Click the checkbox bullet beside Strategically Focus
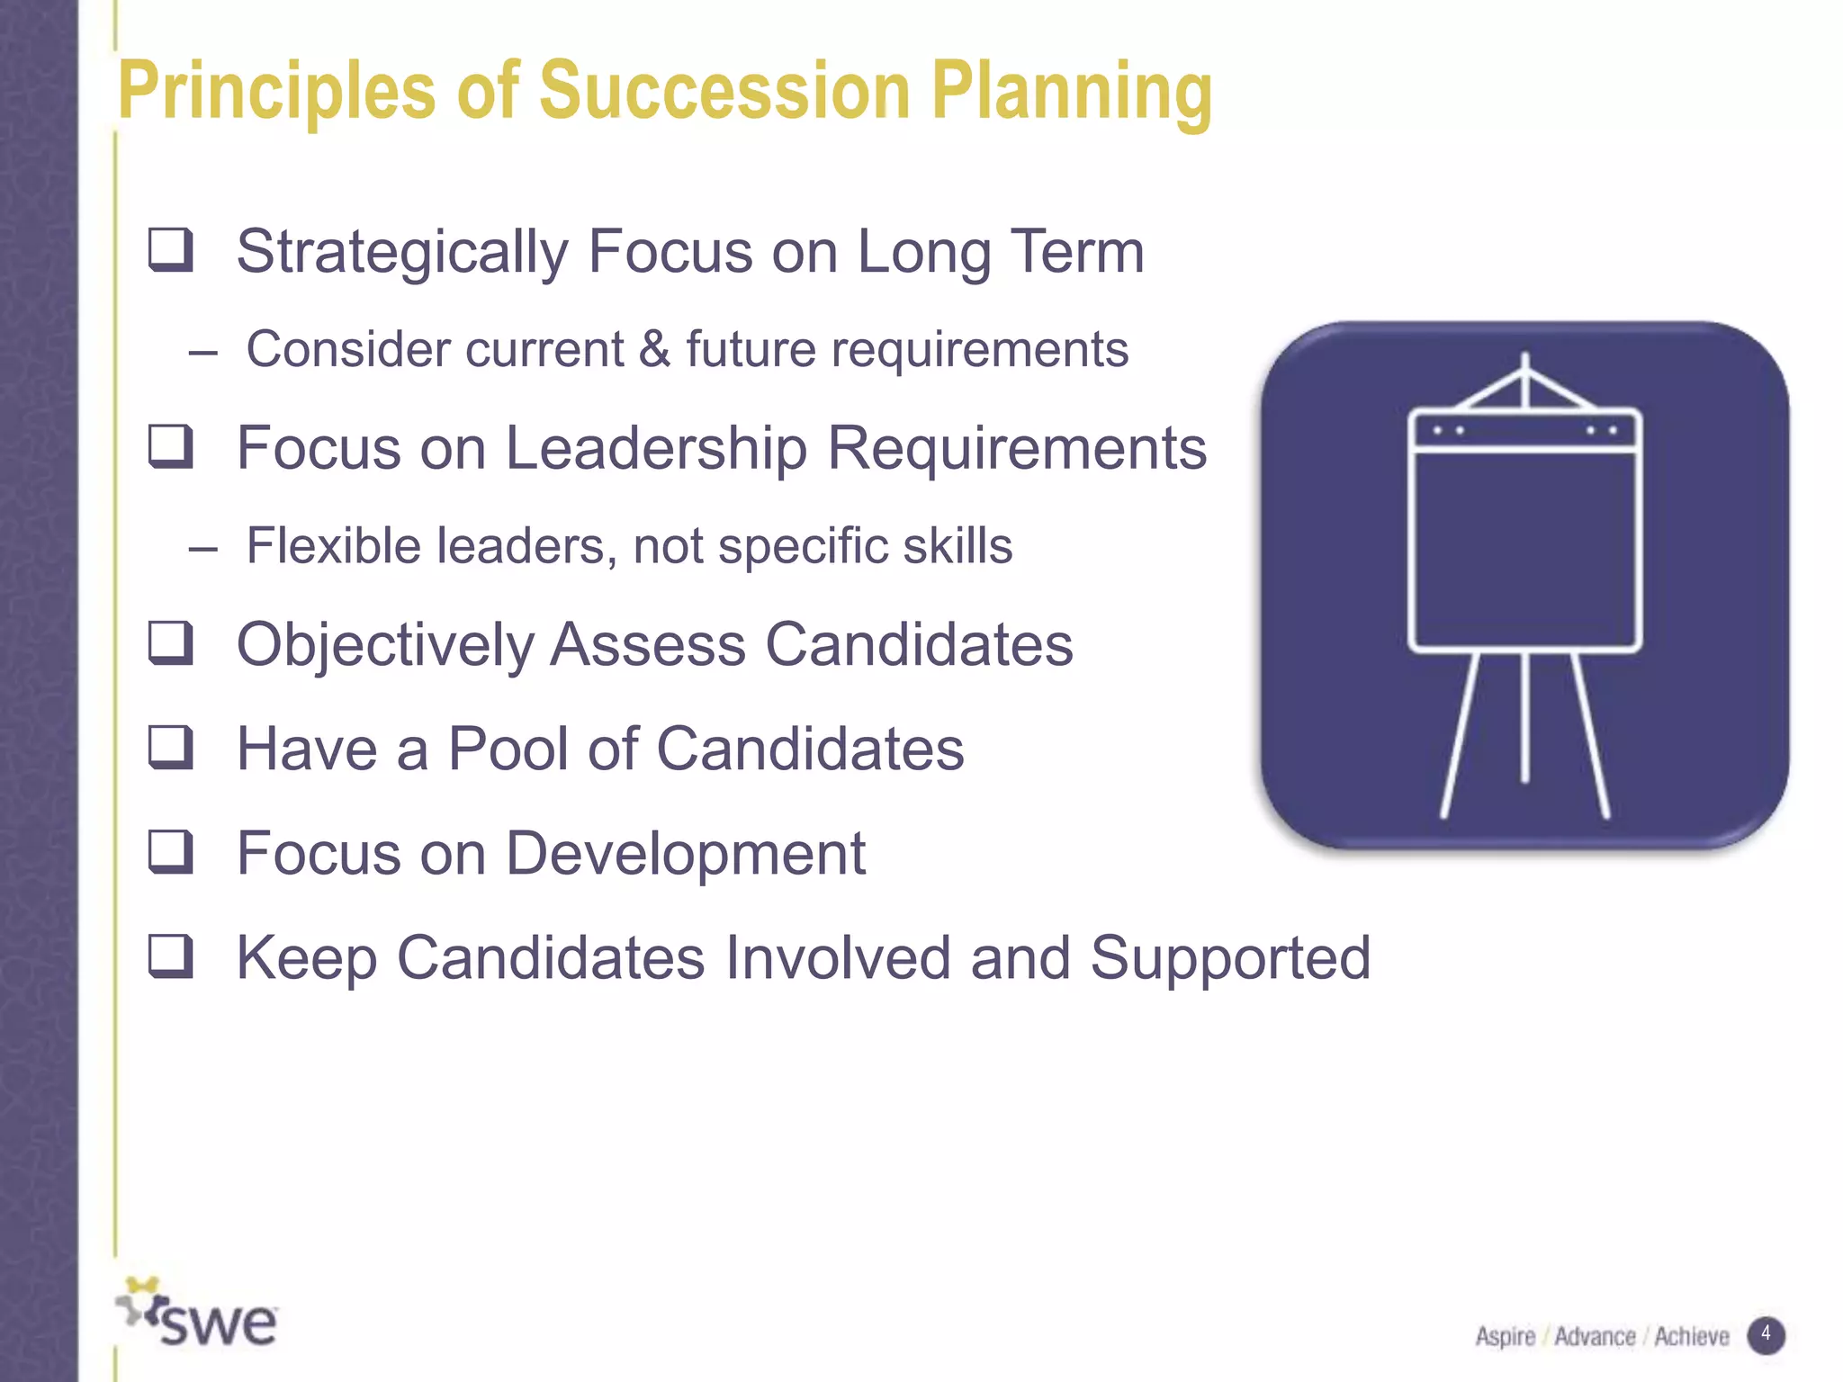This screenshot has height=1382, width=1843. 170,250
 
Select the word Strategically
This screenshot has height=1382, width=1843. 401,253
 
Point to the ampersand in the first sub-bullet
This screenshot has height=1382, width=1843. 654,349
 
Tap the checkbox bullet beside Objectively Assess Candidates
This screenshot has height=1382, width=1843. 170,643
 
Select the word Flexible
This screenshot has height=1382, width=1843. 333,546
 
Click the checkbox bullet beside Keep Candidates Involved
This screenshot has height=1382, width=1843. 170,956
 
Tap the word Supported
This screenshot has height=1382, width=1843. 1230,958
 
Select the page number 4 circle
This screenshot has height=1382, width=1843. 1766,1334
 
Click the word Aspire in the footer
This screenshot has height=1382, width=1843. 1505,1337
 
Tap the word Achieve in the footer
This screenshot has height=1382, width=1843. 1691,1337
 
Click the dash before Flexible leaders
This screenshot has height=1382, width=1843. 203,548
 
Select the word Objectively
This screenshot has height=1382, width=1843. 385,646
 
